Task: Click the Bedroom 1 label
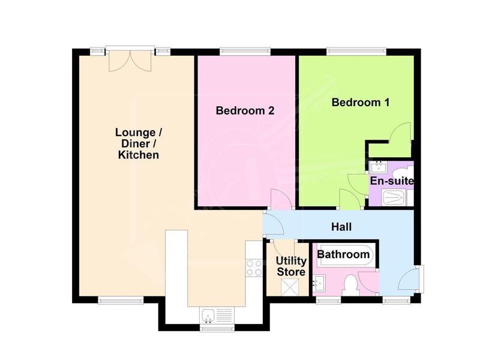(x=360, y=103)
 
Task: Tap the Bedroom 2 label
(x=245, y=110)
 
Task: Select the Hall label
(x=341, y=227)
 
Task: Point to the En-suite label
(x=391, y=181)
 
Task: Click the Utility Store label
(x=291, y=266)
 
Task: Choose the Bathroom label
(x=343, y=254)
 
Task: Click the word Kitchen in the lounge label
(x=138, y=155)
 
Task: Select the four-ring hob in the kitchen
(x=254, y=268)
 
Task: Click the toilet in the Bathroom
(x=350, y=285)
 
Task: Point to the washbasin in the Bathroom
(x=319, y=283)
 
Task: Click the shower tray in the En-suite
(x=394, y=197)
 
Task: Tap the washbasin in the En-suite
(x=379, y=167)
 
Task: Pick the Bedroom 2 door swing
(x=281, y=199)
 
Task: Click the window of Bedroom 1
(x=356, y=51)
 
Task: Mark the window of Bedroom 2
(x=245, y=51)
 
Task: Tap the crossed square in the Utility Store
(x=289, y=287)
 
